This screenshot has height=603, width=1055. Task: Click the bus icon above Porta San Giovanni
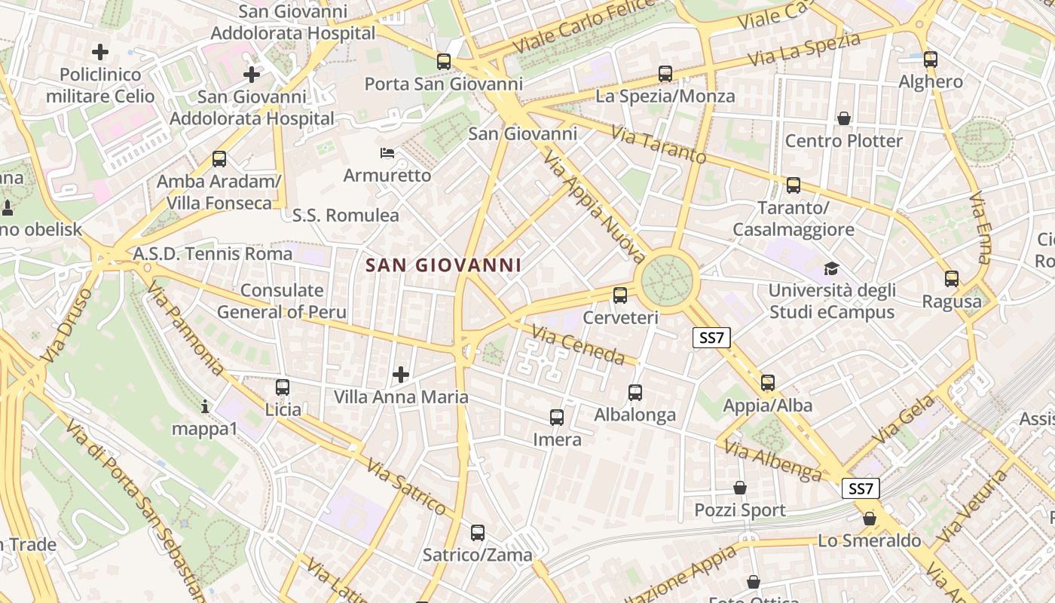pos(444,62)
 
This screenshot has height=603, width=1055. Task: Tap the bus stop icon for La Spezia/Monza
pos(665,74)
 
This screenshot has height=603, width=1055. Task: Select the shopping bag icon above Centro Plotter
pos(843,118)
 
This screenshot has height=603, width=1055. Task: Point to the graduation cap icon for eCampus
pos(831,268)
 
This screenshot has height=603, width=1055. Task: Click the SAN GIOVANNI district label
pos(444,265)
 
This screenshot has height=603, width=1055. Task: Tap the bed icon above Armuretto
pos(387,153)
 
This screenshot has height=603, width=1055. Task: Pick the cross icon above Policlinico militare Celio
pos(99,52)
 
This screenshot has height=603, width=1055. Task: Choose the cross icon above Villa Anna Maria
pos(401,374)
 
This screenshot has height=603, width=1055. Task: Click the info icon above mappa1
pos(205,407)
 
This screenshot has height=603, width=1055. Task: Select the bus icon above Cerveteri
pos(620,295)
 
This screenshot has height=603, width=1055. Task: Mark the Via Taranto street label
pos(659,145)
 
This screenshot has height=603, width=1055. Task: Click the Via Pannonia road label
pos(185,327)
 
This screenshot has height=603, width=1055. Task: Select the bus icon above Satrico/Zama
pos(477,533)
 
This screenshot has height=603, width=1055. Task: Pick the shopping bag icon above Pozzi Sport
pos(739,488)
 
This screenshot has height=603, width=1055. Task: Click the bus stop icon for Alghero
pos(931,60)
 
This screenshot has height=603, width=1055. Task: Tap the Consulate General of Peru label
pos(282,301)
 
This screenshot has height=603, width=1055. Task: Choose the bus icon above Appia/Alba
pos(767,383)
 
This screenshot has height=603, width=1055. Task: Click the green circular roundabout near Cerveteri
pos(667,280)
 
